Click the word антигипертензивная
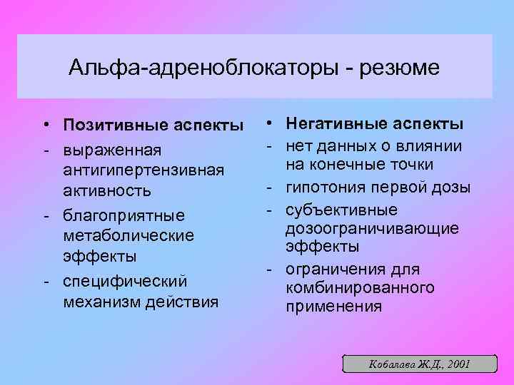(x=143, y=171)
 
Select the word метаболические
(x=128, y=235)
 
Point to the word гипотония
(x=324, y=188)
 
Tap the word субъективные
(x=332, y=210)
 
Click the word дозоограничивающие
(x=372, y=228)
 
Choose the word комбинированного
(x=360, y=288)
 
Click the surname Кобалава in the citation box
(x=390, y=364)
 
